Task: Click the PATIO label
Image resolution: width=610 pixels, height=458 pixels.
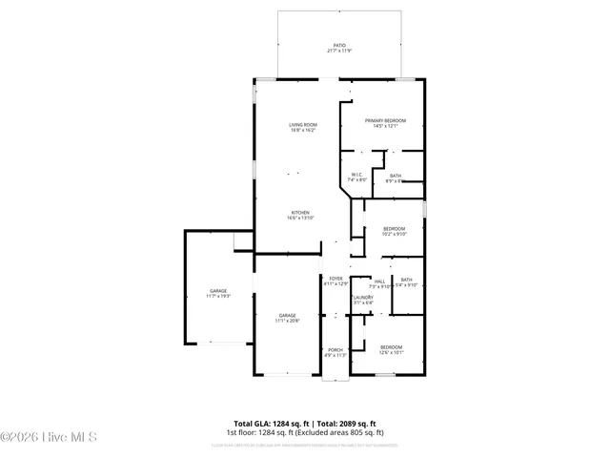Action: [x=338, y=45]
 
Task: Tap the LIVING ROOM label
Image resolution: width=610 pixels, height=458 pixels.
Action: [x=303, y=125]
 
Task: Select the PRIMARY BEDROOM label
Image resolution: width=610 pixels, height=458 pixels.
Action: [x=385, y=120]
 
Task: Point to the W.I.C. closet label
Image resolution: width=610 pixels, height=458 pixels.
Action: [x=356, y=175]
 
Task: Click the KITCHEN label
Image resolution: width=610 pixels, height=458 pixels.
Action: [x=300, y=213]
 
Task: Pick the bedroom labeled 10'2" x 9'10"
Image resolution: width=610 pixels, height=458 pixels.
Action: [x=394, y=229]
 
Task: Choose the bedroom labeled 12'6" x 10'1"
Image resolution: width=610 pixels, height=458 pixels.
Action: [x=391, y=347]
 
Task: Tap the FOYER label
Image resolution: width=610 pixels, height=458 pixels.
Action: [x=335, y=279]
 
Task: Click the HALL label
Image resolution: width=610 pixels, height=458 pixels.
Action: [x=379, y=281]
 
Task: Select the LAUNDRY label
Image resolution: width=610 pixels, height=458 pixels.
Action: [x=362, y=298]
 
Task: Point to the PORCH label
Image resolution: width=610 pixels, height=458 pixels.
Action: [x=335, y=349]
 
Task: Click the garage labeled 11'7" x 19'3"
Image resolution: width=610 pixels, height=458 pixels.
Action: [x=218, y=291]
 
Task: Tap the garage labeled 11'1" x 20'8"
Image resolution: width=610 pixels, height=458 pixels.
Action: [x=287, y=315]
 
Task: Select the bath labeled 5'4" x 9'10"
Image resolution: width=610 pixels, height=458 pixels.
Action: [x=406, y=280]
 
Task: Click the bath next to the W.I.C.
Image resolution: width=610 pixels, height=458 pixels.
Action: [x=395, y=176]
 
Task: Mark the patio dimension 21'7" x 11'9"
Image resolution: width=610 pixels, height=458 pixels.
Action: [x=338, y=51]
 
